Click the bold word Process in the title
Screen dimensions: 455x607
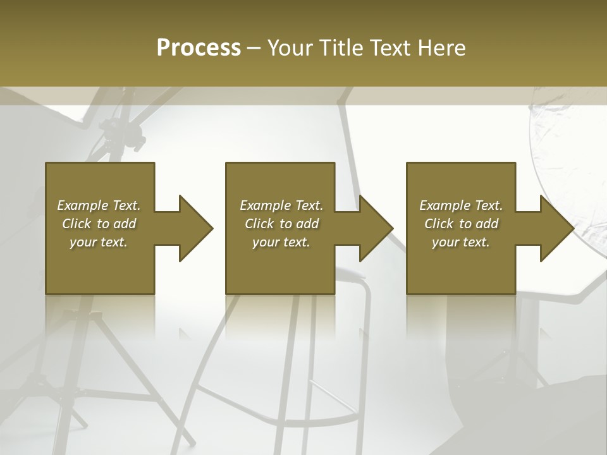[x=199, y=48]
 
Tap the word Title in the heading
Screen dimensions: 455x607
[x=340, y=48]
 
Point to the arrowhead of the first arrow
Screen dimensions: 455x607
[x=197, y=228]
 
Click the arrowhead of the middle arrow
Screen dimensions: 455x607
[x=377, y=228]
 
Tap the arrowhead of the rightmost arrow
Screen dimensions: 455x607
[x=557, y=228]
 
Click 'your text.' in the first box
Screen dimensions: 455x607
[x=99, y=242]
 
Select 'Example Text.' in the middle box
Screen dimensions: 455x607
[x=281, y=205]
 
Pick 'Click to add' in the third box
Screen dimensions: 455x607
[x=461, y=224]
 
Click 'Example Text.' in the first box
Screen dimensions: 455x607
[x=99, y=205]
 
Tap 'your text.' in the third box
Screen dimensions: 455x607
[x=461, y=242]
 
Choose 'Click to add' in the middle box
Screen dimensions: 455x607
[x=281, y=224]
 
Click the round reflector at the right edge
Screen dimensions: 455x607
[x=569, y=158]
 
